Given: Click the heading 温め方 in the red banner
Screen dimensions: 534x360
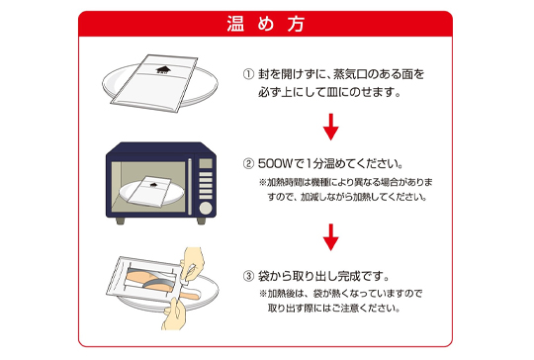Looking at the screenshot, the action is click(x=265, y=24).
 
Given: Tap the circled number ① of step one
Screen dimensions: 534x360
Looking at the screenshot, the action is click(x=248, y=74).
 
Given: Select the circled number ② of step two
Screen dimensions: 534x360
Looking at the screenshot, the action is click(x=248, y=164).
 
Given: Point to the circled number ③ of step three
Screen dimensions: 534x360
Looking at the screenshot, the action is click(x=248, y=276).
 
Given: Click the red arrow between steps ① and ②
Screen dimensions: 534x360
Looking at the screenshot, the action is click(x=330, y=127).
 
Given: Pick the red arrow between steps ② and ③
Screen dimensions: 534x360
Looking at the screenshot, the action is click(x=330, y=237).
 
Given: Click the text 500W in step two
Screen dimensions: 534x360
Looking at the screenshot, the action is click(x=275, y=164).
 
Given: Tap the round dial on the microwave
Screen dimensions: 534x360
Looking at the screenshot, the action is click(x=206, y=208).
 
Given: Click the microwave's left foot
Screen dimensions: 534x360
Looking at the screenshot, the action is click(x=121, y=221).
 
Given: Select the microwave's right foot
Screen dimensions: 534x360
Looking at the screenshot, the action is click(x=202, y=221).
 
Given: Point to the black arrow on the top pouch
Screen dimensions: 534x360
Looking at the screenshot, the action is click(x=163, y=70).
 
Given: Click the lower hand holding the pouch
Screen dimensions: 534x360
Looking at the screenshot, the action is click(x=174, y=315).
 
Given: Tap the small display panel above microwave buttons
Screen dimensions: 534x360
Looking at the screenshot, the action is click(x=206, y=163).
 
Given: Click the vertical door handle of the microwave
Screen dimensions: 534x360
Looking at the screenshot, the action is click(x=190, y=186).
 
